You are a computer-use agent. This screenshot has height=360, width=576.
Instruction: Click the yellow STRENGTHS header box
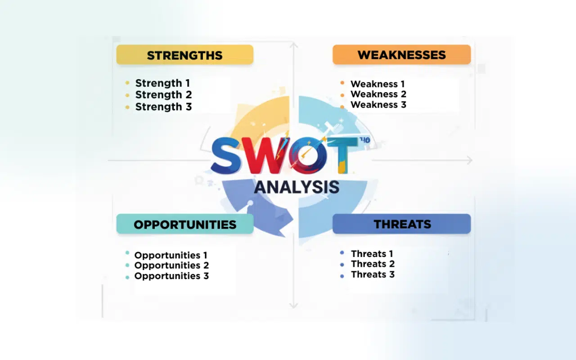click(184, 55)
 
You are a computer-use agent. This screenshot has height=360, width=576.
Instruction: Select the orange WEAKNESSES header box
click(401, 54)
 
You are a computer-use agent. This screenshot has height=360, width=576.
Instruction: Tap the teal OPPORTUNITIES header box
click(184, 224)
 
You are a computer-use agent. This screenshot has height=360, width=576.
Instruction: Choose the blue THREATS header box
click(402, 224)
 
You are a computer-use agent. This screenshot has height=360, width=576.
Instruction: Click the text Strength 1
click(162, 83)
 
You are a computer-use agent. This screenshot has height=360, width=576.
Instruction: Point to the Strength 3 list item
click(163, 107)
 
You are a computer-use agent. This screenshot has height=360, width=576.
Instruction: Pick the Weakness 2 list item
click(378, 94)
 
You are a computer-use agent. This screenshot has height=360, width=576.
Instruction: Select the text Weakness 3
click(378, 104)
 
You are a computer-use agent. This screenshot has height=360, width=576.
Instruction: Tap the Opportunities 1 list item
click(171, 255)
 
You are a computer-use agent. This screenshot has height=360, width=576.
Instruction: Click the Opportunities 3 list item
click(171, 276)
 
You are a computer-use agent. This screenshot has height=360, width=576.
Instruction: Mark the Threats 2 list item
click(373, 264)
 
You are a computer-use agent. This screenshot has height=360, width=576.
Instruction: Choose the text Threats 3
click(373, 274)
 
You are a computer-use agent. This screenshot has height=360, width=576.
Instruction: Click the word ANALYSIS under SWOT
click(297, 186)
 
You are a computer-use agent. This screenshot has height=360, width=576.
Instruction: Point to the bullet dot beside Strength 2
click(127, 95)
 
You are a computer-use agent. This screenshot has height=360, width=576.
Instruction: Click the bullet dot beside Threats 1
click(342, 253)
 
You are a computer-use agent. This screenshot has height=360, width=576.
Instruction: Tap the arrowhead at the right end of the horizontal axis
click(470, 160)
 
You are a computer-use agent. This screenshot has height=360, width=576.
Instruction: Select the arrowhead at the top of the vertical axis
click(293, 45)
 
